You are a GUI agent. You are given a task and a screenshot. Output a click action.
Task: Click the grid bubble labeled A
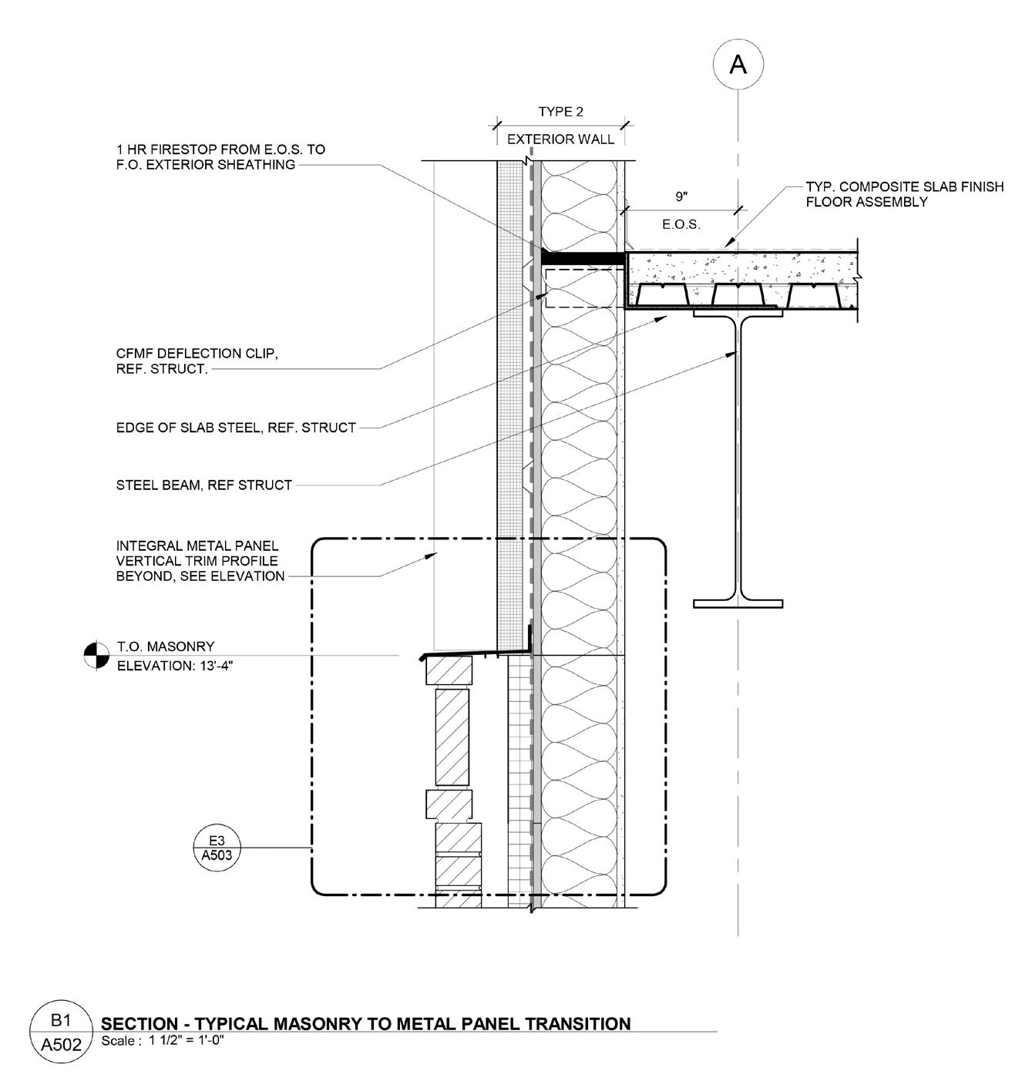coord(738,65)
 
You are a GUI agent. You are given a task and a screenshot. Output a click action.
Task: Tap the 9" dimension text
coord(681,197)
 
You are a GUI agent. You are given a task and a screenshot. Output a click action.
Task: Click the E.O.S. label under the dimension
coord(681,225)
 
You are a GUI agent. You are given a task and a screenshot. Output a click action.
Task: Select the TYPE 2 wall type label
coord(560,112)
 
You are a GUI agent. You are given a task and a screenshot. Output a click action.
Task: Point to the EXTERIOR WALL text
coord(560,139)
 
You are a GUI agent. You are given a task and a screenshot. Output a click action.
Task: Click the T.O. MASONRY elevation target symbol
coord(96,655)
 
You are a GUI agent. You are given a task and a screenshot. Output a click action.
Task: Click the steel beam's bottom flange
coord(738,603)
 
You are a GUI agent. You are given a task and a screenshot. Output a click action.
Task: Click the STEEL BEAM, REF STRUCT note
coord(204,485)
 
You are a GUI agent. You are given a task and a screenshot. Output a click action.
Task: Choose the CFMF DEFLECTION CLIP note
coord(197,361)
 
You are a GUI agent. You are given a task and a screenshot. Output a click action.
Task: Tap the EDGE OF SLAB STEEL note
coord(236,428)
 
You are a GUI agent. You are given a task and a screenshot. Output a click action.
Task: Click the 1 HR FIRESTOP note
coord(220,156)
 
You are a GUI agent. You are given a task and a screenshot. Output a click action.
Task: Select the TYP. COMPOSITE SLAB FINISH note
coord(904,194)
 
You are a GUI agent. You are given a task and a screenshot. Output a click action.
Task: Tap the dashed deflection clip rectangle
coord(583,288)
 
